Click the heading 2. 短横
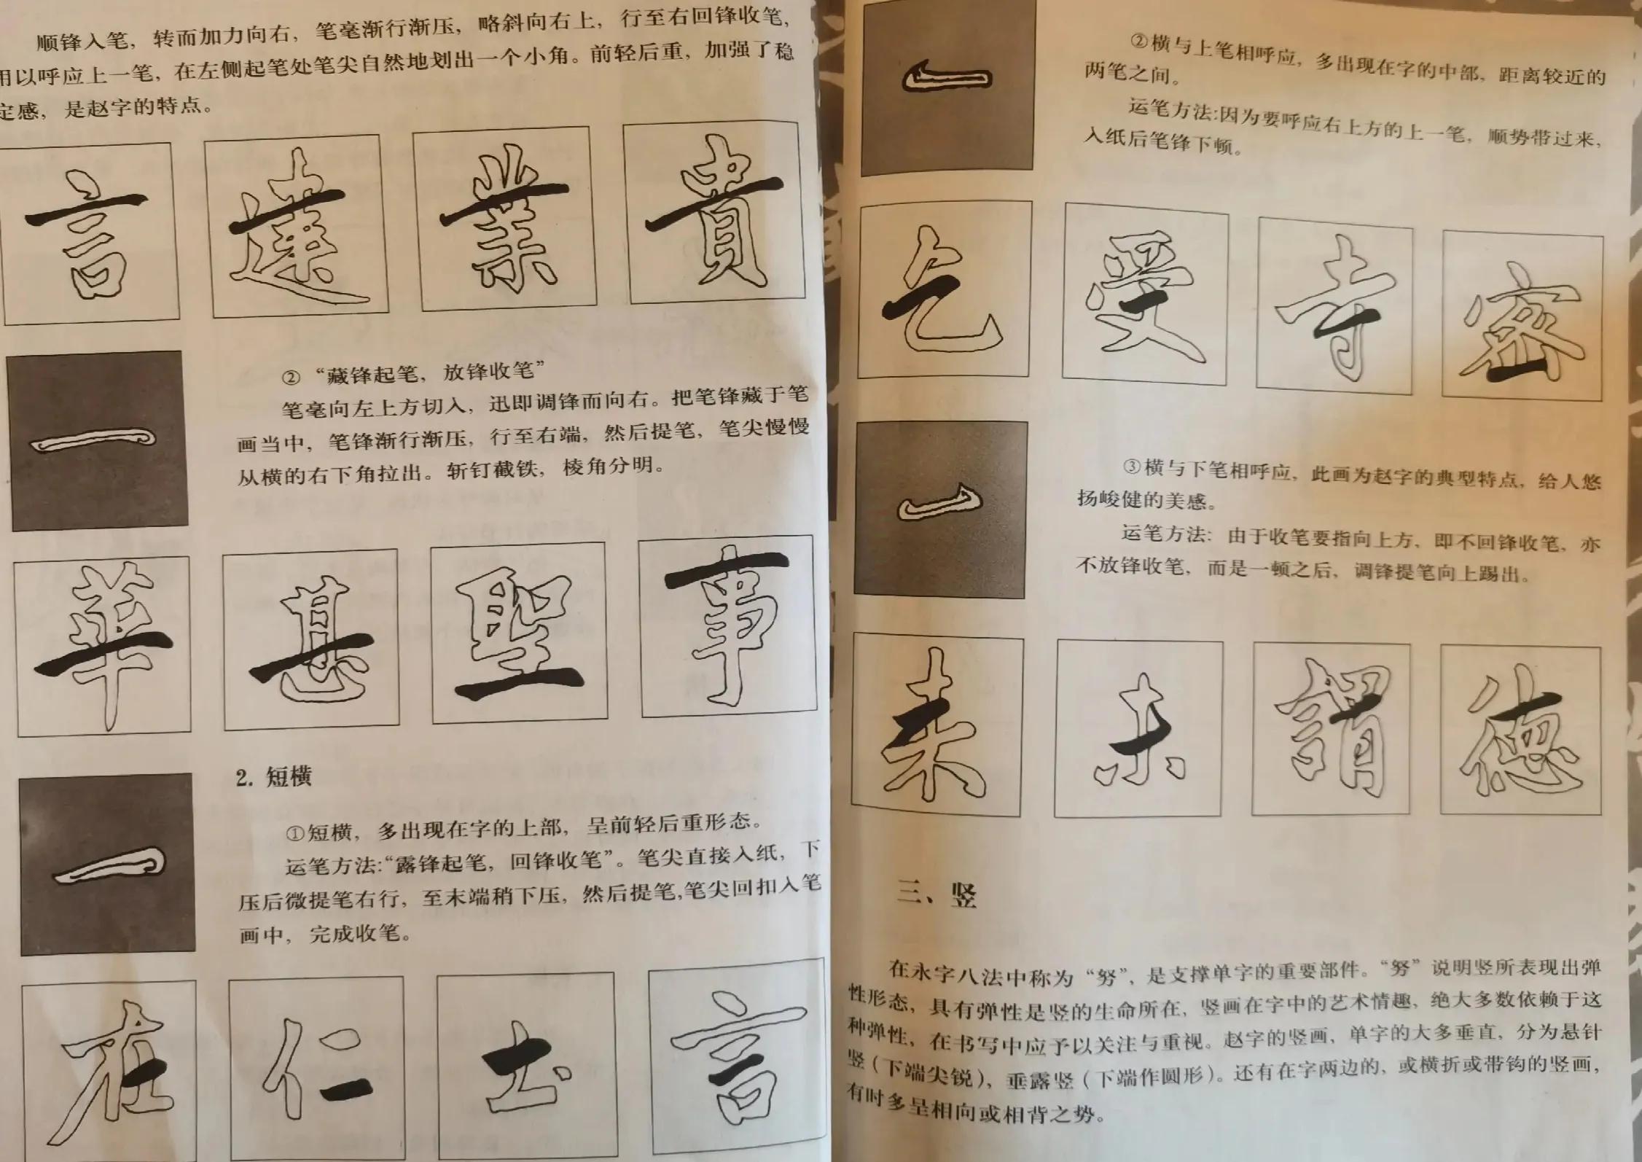274,778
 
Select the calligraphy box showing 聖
519,633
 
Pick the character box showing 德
1520,730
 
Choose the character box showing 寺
1334,311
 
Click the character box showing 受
1144,295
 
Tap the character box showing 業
504,219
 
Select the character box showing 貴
714,213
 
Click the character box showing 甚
311,640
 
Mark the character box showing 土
525,1064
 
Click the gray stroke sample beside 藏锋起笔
98,441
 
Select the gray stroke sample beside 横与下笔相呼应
939,509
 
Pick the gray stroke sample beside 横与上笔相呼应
947,86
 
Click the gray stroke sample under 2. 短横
108,864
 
